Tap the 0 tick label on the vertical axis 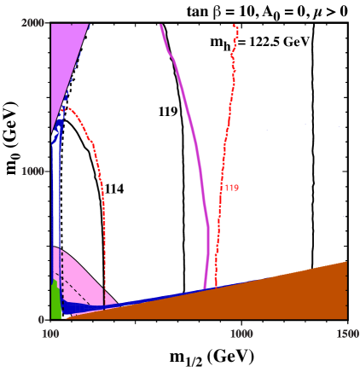[41, 319]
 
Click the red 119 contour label [231, 187]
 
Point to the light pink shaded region [81, 273]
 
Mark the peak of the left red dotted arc [68, 108]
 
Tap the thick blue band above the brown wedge [85, 306]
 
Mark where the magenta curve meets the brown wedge [205, 288]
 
